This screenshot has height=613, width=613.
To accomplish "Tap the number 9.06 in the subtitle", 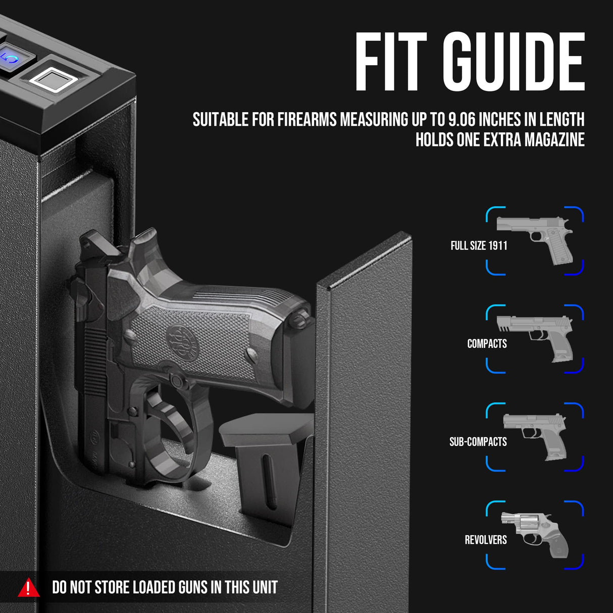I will (462, 120).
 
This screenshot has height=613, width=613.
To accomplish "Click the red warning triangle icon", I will (28, 588).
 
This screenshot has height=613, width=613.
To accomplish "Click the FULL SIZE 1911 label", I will (479, 246).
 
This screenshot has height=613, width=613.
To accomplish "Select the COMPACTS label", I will (487, 344).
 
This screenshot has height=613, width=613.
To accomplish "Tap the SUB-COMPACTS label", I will (478, 442).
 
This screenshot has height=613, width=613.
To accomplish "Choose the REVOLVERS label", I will (485, 540).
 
